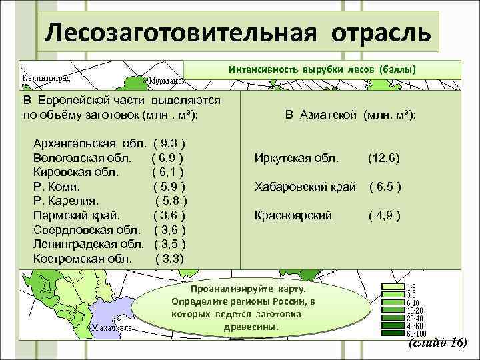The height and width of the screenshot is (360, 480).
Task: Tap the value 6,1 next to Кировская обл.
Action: point(167,172)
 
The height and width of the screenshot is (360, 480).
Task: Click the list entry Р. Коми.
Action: point(61,186)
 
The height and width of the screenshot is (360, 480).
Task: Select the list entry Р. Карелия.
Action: point(66,200)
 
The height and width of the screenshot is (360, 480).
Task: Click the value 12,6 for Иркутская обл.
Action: point(383,159)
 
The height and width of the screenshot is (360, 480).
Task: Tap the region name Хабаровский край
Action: point(305,187)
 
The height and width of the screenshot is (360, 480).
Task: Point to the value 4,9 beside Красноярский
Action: point(384,215)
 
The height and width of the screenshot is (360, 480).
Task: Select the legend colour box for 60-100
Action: point(392,333)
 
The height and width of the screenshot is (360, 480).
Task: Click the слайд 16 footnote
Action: point(436,343)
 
